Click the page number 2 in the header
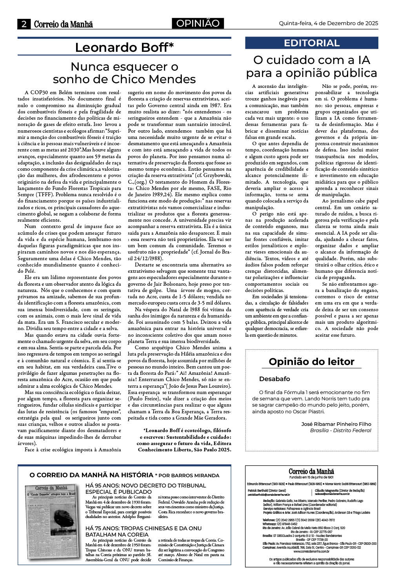click(24, 24)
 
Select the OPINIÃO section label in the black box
click(198, 24)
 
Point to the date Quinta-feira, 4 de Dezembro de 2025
click(329, 23)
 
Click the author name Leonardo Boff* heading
click(124, 47)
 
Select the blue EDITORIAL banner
click(312, 43)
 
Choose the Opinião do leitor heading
click(311, 361)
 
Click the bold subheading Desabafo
click(274, 379)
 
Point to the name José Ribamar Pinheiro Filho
click(336, 424)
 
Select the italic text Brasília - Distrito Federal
click(340, 430)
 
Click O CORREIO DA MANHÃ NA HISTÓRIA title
click(91, 475)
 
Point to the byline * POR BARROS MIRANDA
click(187, 475)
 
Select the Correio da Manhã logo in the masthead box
click(311, 471)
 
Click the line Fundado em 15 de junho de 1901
click(311, 477)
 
